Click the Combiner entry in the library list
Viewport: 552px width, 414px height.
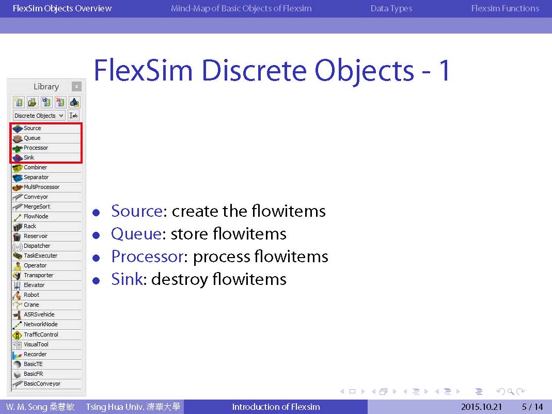coord(46,168)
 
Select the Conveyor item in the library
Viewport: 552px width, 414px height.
coord(46,197)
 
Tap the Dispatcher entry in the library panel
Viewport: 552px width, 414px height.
coord(46,246)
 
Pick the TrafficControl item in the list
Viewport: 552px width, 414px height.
coord(46,335)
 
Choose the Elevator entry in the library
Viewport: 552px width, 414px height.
coord(46,285)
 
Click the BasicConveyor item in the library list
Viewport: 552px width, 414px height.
coord(46,384)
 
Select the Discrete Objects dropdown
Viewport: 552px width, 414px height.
coord(39,116)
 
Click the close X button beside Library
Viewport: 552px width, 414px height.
coord(76,86)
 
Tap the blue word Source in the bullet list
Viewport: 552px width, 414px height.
coord(137,211)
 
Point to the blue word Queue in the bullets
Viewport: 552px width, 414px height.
coord(136,234)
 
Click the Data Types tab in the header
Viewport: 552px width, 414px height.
coord(391,8)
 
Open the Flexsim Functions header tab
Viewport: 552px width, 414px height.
coord(505,8)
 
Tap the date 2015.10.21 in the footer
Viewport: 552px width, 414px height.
coord(481,407)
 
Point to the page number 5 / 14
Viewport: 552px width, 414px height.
coord(532,407)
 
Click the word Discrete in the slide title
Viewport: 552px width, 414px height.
coord(254,70)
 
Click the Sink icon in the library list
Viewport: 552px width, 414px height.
coord(18,158)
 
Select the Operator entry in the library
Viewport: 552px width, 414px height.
coord(46,265)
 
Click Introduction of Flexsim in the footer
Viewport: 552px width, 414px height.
coord(276,407)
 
